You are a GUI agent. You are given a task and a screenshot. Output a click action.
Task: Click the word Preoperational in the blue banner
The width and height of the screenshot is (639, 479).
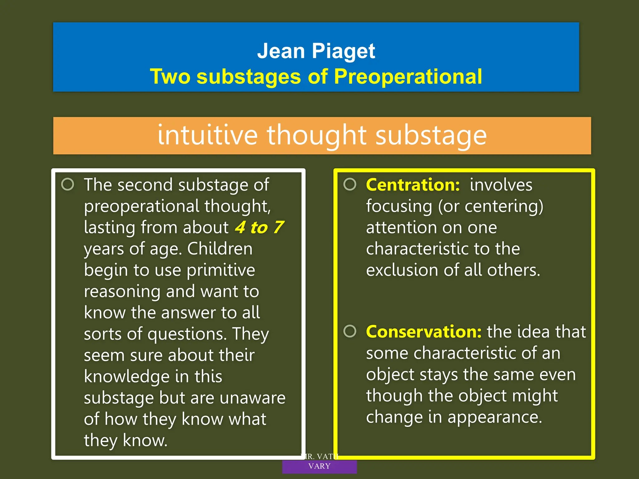408,76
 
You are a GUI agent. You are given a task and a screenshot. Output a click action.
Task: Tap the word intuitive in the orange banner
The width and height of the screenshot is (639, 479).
207,135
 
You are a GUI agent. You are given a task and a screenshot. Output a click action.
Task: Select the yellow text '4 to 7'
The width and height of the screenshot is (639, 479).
259,227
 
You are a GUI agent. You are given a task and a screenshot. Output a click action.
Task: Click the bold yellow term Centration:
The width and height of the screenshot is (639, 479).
413,185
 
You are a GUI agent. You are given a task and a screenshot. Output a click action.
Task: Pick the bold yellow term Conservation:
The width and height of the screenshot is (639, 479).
424,331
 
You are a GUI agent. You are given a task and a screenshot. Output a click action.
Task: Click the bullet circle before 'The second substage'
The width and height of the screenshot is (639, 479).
68,184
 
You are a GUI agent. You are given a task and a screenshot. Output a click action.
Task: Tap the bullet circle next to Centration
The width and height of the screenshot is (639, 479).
350,184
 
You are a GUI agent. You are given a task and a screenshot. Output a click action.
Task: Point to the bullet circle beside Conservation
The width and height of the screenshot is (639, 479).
350,331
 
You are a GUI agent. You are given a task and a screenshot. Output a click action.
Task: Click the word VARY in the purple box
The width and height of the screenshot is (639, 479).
319,466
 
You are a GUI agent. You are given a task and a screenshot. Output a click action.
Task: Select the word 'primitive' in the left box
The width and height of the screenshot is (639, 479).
221,270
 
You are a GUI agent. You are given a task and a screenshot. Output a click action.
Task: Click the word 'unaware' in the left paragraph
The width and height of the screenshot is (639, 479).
252,398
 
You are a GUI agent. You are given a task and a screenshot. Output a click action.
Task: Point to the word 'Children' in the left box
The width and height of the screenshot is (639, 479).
220,249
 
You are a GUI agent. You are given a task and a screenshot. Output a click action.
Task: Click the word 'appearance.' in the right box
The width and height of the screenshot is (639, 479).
495,417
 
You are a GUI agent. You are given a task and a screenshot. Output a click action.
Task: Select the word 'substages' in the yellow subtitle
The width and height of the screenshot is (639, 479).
249,76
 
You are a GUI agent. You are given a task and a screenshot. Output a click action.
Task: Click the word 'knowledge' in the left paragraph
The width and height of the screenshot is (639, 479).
127,377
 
